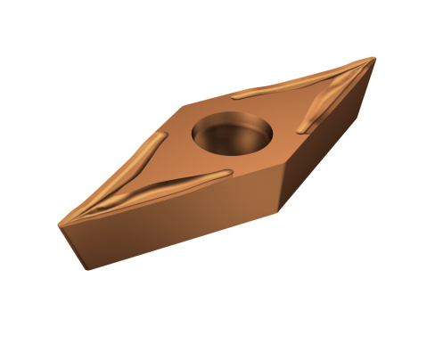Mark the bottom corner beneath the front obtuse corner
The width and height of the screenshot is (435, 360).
click(282, 212)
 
